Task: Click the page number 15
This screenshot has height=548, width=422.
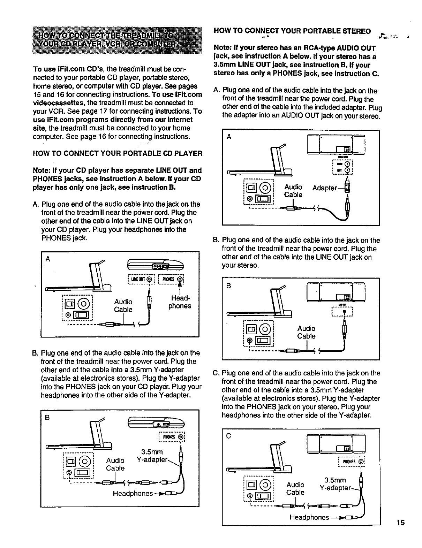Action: click(400, 522)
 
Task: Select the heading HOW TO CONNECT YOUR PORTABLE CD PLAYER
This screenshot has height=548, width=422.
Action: click(118, 153)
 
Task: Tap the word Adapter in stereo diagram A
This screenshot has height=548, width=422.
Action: click(325, 188)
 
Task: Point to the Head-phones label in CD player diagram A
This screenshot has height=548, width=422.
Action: click(180, 302)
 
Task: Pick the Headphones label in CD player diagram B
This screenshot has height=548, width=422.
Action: click(133, 493)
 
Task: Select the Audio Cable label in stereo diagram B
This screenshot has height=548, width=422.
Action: click(306, 332)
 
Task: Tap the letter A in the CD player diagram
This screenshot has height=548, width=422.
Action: click(48, 259)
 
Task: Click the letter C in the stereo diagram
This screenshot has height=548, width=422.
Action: click(229, 436)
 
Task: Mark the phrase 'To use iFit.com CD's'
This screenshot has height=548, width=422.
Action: click(62, 69)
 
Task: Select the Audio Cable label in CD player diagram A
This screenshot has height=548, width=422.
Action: click(123, 305)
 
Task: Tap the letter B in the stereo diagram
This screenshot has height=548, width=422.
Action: click(229, 286)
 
